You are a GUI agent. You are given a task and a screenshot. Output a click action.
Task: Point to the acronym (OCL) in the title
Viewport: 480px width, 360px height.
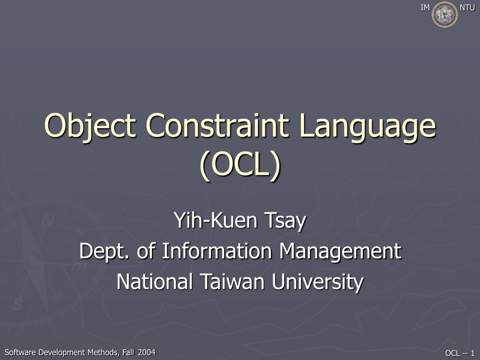tap(240, 165)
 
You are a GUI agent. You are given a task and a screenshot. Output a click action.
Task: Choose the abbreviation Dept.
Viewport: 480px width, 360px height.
tap(105, 252)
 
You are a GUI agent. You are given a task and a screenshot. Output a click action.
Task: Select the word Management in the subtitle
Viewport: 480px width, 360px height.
tap(341, 252)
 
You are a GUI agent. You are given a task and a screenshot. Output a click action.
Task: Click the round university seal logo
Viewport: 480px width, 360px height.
tap(444, 14)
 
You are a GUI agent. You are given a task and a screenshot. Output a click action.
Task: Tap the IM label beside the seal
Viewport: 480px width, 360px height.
tap(425, 7)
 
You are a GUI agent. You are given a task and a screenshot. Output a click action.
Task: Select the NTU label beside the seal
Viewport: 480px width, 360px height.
tap(467, 7)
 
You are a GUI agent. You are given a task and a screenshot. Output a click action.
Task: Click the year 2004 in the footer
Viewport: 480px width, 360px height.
tap(146, 352)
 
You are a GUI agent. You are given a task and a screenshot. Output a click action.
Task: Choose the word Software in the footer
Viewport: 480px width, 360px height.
tap(21, 352)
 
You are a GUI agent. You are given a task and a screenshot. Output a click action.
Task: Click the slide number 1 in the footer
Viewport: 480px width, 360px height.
tap(473, 353)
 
